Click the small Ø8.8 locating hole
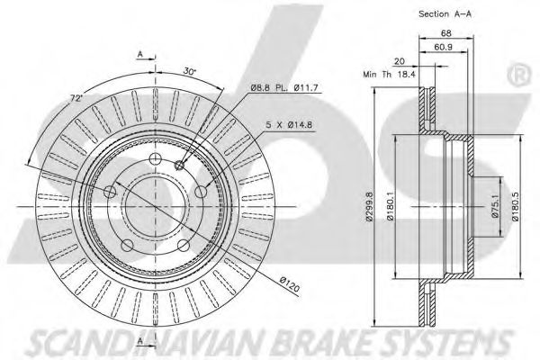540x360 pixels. point(178,166)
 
